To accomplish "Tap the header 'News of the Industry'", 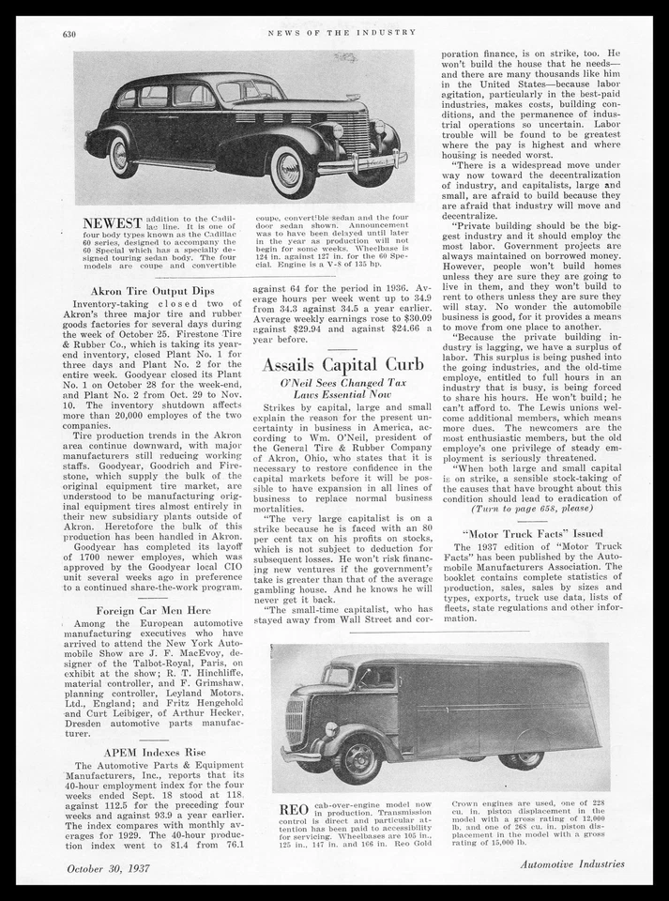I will coord(342,32).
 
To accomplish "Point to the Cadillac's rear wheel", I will coord(123,156).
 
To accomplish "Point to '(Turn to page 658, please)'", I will coord(531,508).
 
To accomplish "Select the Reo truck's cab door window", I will coord(377,678).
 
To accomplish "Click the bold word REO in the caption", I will coord(294,809).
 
